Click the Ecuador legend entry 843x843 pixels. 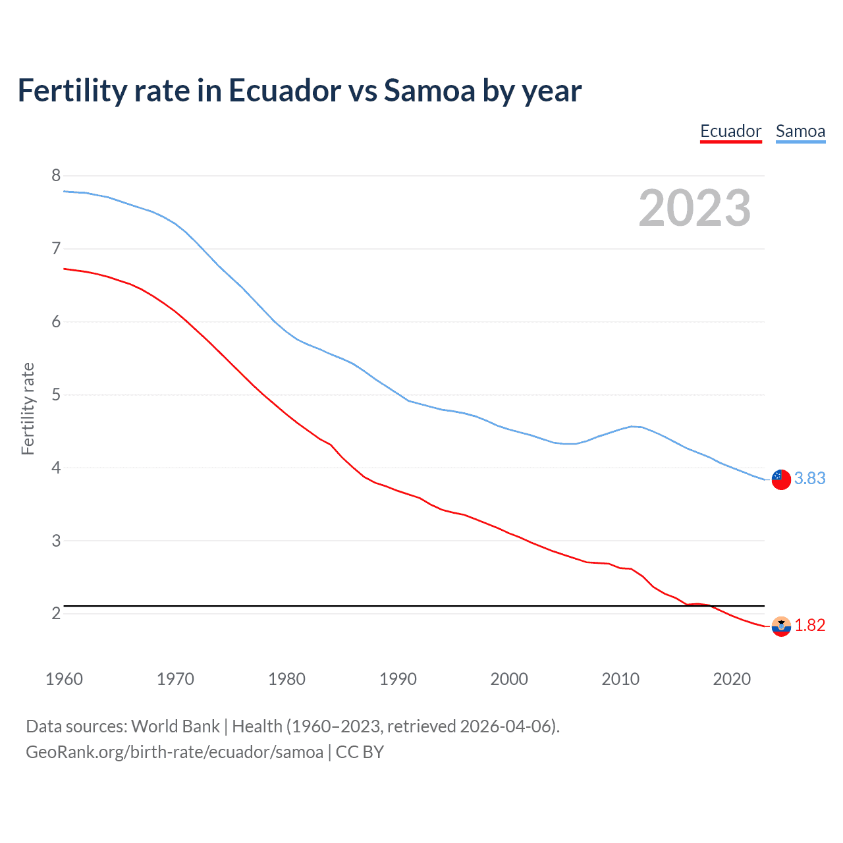pyautogui.click(x=730, y=131)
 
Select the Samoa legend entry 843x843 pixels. pyautogui.click(x=800, y=131)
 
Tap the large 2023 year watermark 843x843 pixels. pyautogui.click(x=694, y=208)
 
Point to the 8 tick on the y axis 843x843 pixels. pyautogui.click(x=56, y=175)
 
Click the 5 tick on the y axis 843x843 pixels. pyautogui.click(x=56, y=394)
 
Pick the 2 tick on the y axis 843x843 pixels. pyautogui.click(x=56, y=613)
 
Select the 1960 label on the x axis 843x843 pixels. pyautogui.click(x=64, y=679)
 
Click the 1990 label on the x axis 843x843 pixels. pyautogui.click(x=398, y=679)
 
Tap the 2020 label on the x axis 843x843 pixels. pyautogui.click(x=732, y=679)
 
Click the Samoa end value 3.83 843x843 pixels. pyautogui.click(x=809, y=479)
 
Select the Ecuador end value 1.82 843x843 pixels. pyautogui.click(x=809, y=625)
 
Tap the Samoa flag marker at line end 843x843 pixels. pyautogui.click(x=781, y=479)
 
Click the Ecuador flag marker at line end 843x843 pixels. pyautogui.click(x=781, y=626)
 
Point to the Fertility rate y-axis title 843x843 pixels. pyautogui.click(x=28, y=408)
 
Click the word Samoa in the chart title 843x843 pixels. pyautogui.click(x=430, y=91)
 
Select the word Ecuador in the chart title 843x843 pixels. pyautogui.click(x=285, y=91)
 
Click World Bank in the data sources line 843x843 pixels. pyautogui.click(x=175, y=726)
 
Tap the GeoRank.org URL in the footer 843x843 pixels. pyautogui.click(x=175, y=752)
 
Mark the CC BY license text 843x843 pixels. pyautogui.click(x=360, y=752)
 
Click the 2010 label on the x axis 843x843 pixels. pyautogui.click(x=620, y=679)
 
